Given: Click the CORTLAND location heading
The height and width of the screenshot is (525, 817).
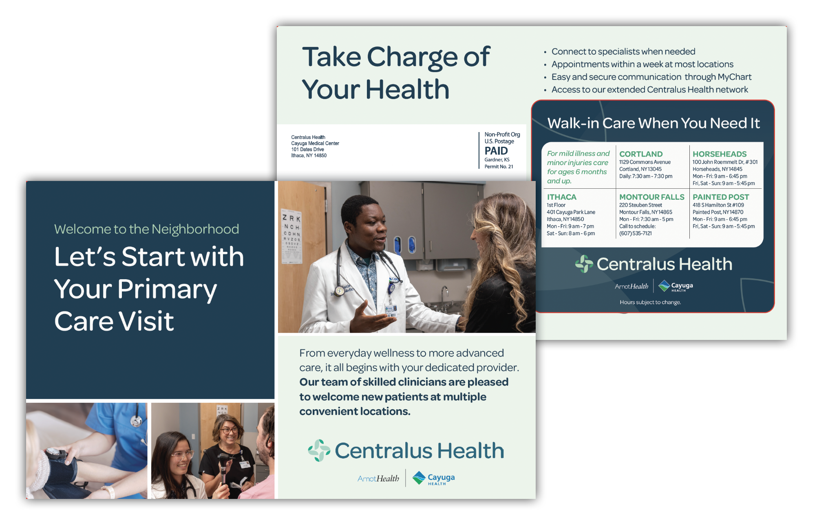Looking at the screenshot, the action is pyautogui.click(x=640, y=154).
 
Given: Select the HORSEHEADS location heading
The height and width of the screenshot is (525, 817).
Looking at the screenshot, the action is pyautogui.click(x=719, y=154).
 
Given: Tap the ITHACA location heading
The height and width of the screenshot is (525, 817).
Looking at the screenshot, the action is pyautogui.click(x=561, y=197).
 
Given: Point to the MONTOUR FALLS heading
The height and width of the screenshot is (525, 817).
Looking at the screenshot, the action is pyautogui.click(x=651, y=197).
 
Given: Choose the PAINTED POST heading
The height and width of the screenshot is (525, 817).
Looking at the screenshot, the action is pyautogui.click(x=720, y=197).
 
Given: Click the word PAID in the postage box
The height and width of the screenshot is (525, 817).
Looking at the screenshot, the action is pyautogui.click(x=496, y=151).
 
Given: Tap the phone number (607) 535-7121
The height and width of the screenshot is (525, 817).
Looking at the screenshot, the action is pyautogui.click(x=635, y=234).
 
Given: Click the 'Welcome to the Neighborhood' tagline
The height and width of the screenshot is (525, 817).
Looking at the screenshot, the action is pyautogui.click(x=146, y=229).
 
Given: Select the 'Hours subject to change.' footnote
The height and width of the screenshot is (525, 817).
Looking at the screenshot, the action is pyautogui.click(x=650, y=302).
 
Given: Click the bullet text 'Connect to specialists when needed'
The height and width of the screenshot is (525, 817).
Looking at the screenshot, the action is pyautogui.click(x=623, y=52).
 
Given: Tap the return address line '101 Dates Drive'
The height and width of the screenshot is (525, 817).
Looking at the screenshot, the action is pyautogui.click(x=307, y=150).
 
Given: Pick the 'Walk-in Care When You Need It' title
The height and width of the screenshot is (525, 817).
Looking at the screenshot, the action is pyautogui.click(x=653, y=123).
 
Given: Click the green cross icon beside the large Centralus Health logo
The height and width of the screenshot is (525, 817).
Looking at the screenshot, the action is pyautogui.click(x=319, y=450).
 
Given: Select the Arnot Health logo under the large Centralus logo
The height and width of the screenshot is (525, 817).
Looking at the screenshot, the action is pyautogui.click(x=378, y=479).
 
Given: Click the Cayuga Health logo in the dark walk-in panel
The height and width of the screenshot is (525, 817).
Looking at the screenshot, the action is pyautogui.click(x=676, y=286).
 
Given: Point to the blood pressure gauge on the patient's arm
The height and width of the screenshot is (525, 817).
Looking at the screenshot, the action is pyautogui.click(x=53, y=454).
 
